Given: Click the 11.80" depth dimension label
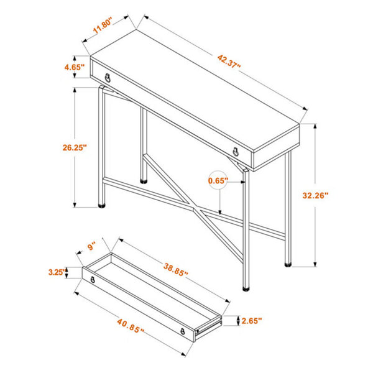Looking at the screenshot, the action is [103, 25].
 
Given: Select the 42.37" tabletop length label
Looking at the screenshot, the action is [229, 62].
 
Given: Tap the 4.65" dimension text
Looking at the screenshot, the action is [75, 67].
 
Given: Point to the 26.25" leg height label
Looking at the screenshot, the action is [75, 147].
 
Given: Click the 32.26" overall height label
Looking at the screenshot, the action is [315, 196].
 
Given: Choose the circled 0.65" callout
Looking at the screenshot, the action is [218, 180].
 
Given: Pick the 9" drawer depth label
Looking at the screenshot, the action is [91, 246].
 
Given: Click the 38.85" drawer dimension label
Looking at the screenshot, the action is [175, 270].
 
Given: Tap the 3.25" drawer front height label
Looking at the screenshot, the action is [57, 272].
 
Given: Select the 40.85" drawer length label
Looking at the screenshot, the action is [131, 326].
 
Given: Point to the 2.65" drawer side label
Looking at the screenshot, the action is [252, 321].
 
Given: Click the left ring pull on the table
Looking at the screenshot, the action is [108, 78].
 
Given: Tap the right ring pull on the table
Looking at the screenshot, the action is [236, 152].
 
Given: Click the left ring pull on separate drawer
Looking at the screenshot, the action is [93, 280].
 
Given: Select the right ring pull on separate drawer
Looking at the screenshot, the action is [183, 331].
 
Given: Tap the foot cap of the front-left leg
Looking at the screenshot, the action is [102, 205].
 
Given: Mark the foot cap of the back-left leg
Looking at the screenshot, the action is [144, 182].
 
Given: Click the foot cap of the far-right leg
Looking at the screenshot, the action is [288, 264].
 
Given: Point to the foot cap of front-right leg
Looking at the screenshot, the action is [246, 289].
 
